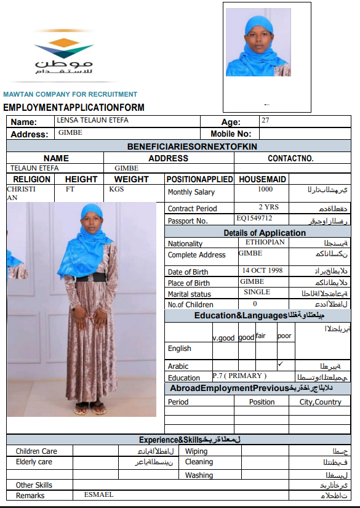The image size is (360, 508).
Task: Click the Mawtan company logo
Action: [x=64, y=56]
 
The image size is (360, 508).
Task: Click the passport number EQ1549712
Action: [x=254, y=219]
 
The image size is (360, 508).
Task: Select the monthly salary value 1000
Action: [x=265, y=190]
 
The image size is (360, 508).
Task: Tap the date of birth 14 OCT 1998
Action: [x=262, y=270]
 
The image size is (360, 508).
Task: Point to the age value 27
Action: [x=265, y=121]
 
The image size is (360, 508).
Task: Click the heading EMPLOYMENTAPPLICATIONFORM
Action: [x=74, y=107]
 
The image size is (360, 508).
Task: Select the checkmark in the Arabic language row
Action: [x=281, y=364]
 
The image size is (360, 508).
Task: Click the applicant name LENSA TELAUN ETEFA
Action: [x=92, y=121]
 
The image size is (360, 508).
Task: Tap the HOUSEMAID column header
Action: [x=262, y=179]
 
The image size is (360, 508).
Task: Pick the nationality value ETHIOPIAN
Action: [x=262, y=242]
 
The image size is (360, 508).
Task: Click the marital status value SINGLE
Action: [x=257, y=292]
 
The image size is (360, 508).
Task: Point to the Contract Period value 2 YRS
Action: [x=268, y=208]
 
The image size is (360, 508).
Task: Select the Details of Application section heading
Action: [x=264, y=233]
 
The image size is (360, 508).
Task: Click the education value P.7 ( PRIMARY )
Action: [x=239, y=376]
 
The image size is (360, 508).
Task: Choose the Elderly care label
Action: [x=34, y=462]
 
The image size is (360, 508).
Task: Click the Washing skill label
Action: [x=199, y=475]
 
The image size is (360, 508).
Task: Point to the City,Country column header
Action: [x=320, y=402]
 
